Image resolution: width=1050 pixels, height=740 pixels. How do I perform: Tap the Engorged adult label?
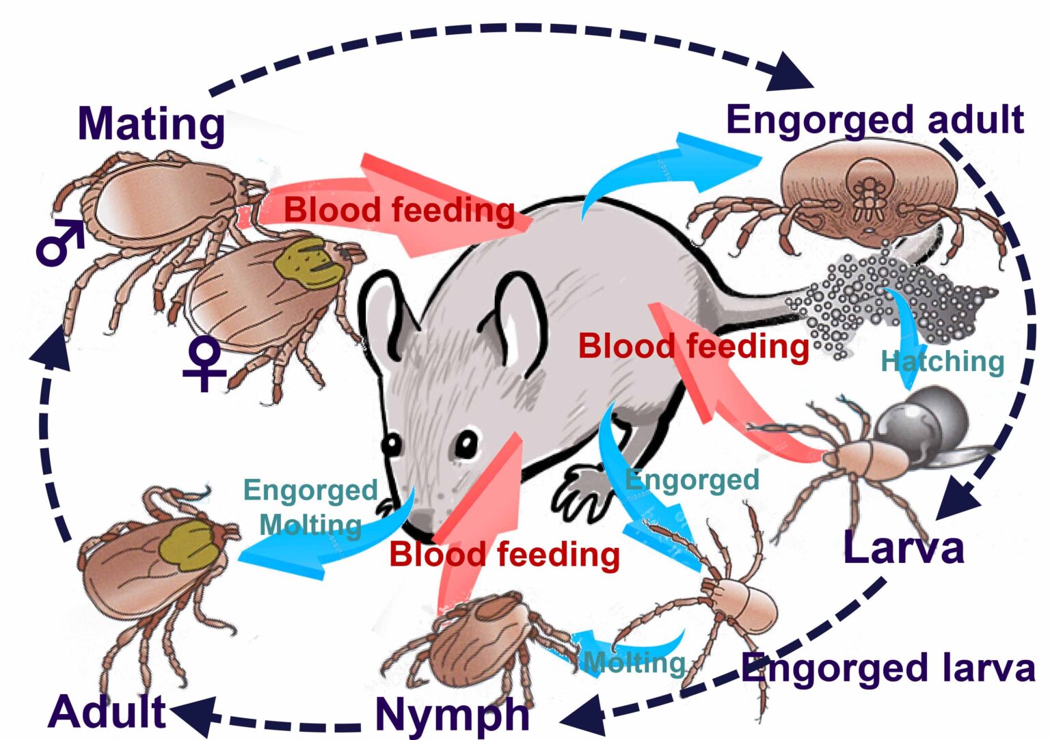pos(874,120)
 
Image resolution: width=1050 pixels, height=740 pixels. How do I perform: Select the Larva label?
pos(903,548)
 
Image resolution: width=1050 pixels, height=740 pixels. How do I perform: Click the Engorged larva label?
pos(888,668)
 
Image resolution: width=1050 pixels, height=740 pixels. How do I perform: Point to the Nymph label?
pos(452,714)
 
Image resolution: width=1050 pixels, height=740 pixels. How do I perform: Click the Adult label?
pos(107,711)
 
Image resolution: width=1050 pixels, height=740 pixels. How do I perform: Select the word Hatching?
pos(942,361)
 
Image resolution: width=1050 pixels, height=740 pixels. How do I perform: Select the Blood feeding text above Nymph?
pos(504,554)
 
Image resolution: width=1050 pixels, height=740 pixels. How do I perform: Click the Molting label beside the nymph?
pos(634,662)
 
